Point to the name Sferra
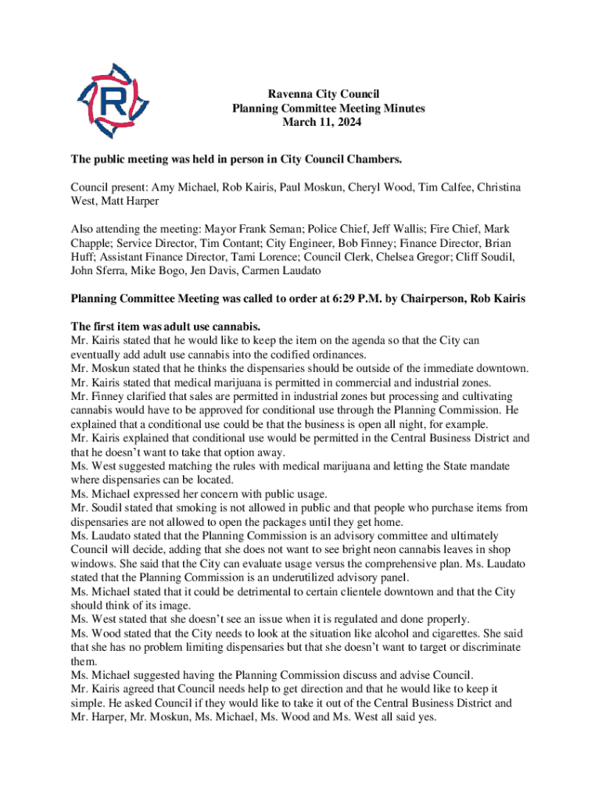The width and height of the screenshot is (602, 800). click(109, 271)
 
